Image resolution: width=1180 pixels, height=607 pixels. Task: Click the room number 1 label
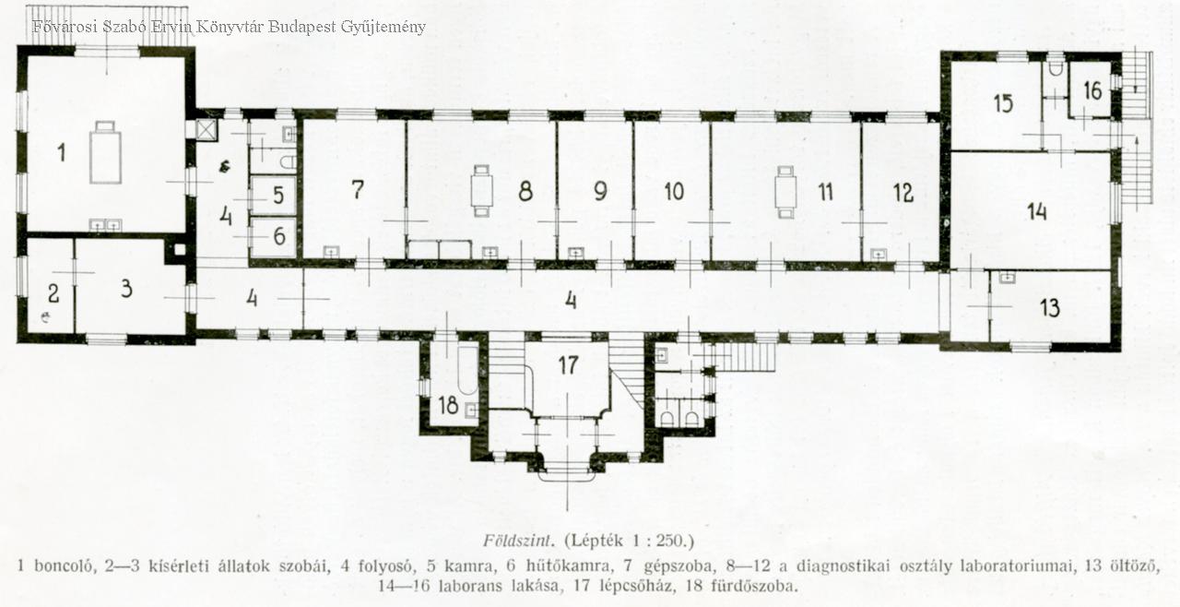click(x=62, y=152)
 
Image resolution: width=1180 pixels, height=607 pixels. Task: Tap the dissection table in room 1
click(x=105, y=152)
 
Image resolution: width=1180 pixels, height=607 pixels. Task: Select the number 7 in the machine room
click(x=358, y=189)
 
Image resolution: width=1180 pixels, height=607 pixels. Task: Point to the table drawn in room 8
click(x=482, y=191)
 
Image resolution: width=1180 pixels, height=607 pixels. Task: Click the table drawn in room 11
click(x=786, y=192)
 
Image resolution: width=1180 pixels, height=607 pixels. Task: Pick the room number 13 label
click(x=1050, y=308)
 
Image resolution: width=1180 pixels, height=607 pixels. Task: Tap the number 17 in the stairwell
click(x=568, y=365)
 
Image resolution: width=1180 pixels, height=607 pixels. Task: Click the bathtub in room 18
click(x=467, y=371)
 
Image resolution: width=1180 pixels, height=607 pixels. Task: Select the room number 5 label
click(x=278, y=195)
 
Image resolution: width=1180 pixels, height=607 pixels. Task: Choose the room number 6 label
click(x=279, y=236)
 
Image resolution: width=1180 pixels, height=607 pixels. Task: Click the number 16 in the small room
click(x=1092, y=90)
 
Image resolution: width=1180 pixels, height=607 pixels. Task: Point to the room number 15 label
click(x=1003, y=103)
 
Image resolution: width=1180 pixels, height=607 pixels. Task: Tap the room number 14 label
click(x=1037, y=212)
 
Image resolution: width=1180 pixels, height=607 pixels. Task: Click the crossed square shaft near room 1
click(x=204, y=129)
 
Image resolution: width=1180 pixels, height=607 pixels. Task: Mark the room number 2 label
click(x=53, y=293)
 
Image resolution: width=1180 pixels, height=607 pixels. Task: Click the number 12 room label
click(x=903, y=193)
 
